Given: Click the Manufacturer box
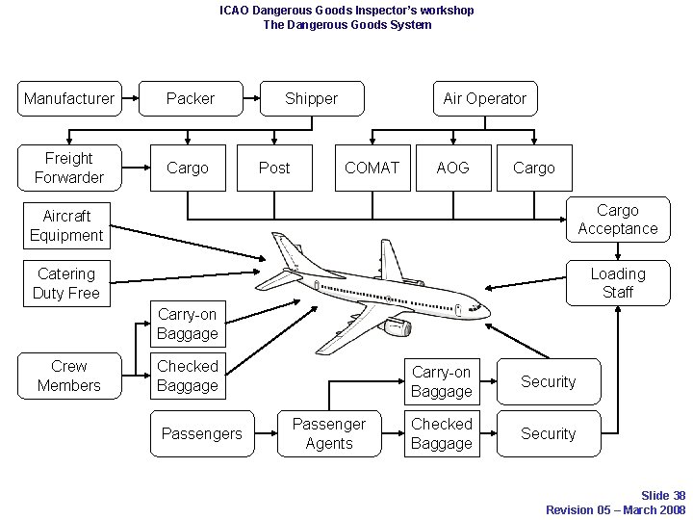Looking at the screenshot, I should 69,98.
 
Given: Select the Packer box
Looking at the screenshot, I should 191,98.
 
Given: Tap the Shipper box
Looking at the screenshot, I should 312,98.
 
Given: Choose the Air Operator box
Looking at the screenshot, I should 484,98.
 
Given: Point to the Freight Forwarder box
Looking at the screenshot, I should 69,168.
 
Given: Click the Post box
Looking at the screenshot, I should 274,168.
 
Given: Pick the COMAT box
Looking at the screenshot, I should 372,168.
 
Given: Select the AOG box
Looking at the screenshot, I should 452,168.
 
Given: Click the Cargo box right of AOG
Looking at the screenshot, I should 534,168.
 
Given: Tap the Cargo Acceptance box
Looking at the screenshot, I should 617,220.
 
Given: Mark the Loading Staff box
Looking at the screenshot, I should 617,283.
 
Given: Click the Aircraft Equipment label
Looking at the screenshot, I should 66,225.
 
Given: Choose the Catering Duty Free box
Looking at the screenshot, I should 66,283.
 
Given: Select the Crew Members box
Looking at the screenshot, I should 69,376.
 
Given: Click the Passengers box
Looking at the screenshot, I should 202,433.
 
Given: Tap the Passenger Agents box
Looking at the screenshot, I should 329,433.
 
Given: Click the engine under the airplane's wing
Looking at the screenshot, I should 396,328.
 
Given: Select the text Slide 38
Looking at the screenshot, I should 663,495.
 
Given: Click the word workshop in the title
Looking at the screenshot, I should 443,10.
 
